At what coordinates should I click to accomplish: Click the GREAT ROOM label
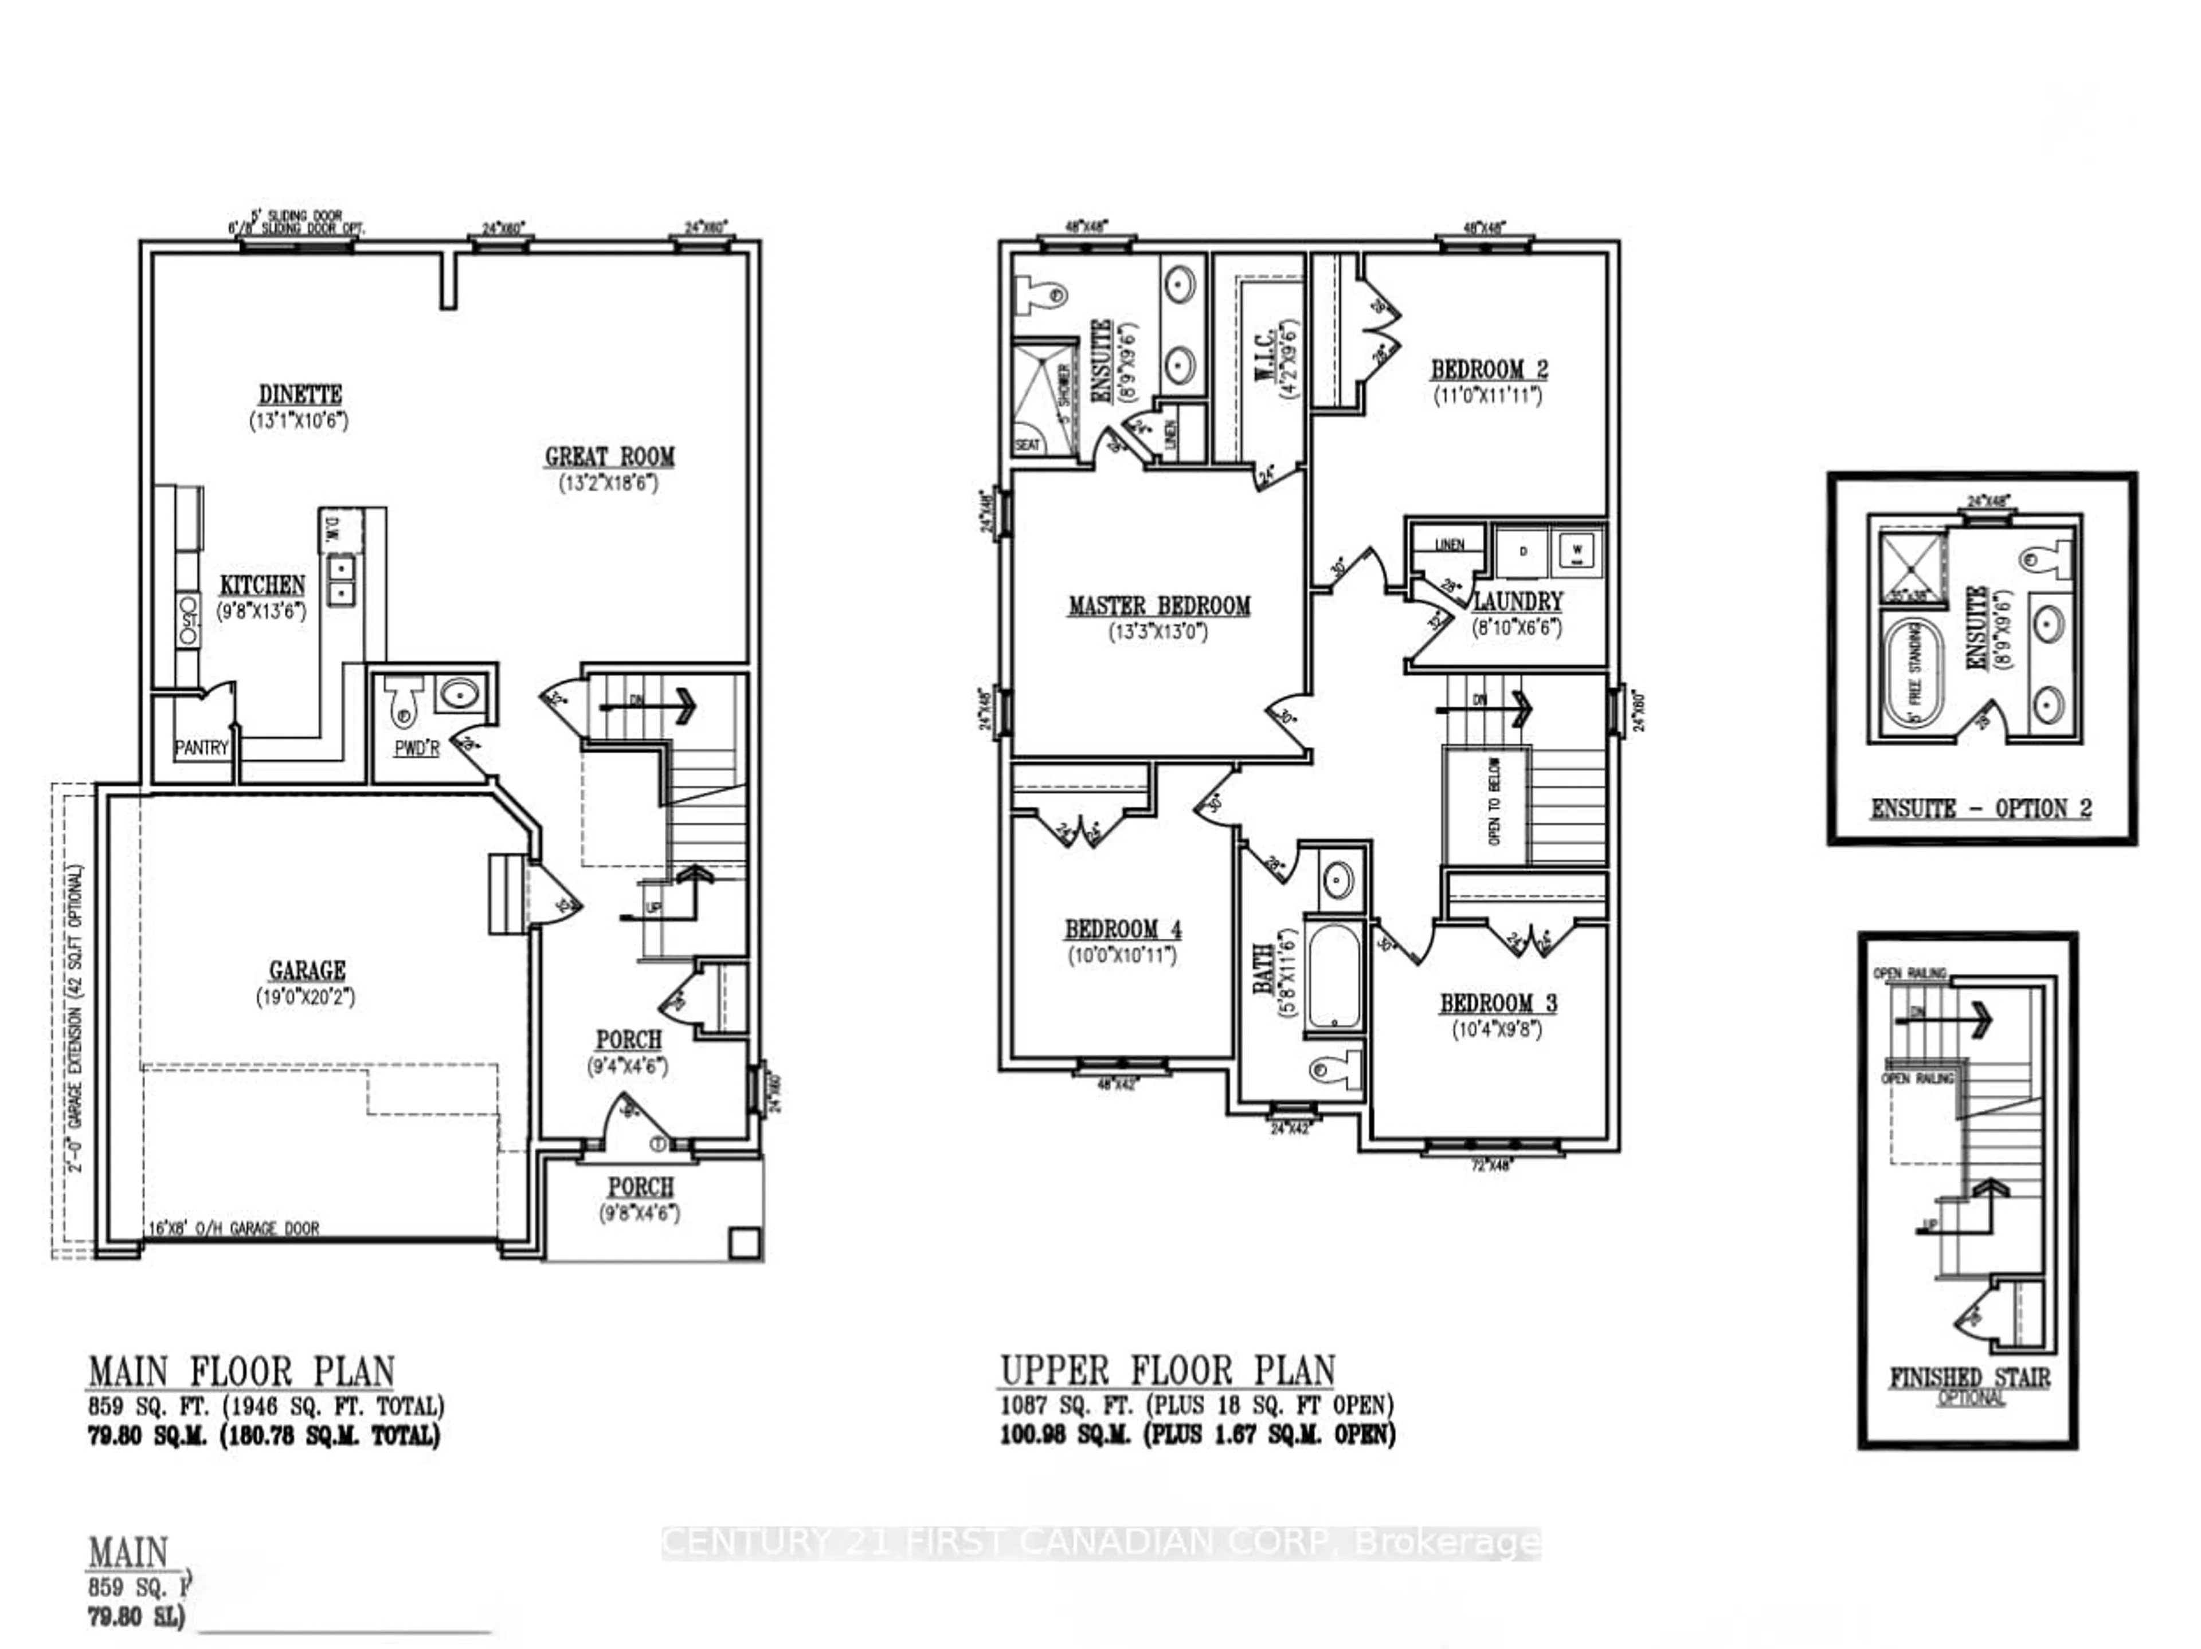pos(609,456)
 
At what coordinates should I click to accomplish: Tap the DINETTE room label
pos(300,395)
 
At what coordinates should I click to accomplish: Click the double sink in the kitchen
pos(341,580)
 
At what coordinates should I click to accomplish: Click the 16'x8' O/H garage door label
pos(234,1228)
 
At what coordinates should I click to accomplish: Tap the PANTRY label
pos(201,747)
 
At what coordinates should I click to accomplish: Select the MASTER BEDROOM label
pos(1158,605)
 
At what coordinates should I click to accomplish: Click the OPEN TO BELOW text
pos(1494,802)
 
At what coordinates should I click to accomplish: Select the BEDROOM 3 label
pos(1498,1003)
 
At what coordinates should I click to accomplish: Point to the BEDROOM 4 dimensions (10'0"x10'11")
pos(1122,956)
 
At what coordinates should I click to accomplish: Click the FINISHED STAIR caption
pos(1969,1378)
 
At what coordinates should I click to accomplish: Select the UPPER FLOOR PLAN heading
pos(1167,1372)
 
